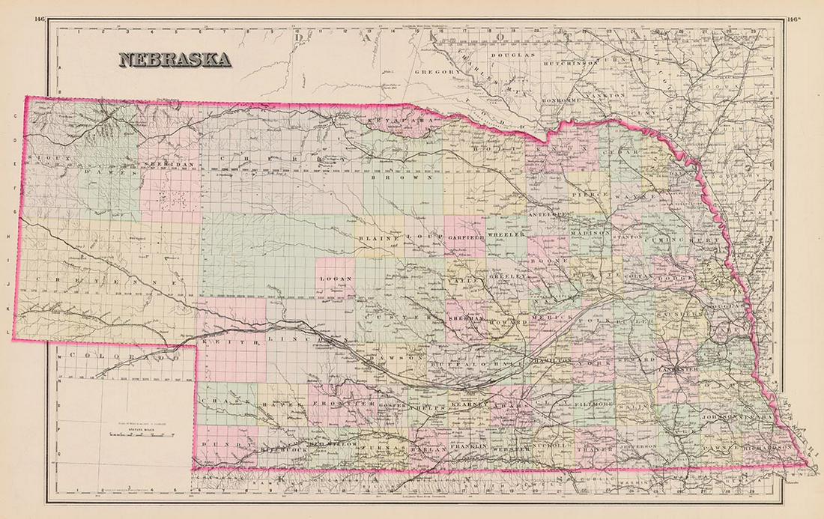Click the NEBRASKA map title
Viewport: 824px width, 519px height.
tap(173, 60)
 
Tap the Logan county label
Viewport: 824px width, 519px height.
tap(335, 279)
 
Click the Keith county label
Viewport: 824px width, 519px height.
tap(222, 341)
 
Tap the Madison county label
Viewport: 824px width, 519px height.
tap(586, 233)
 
